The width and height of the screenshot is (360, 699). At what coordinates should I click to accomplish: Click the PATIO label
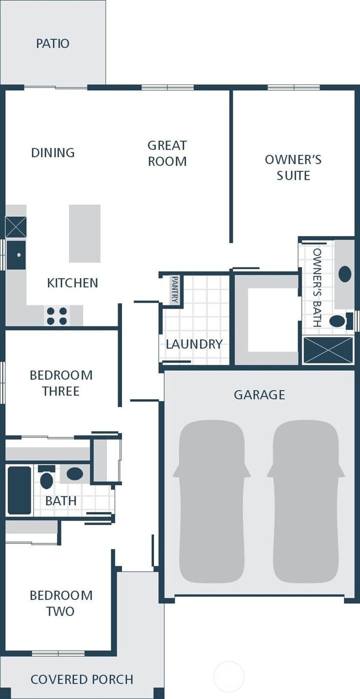pyautogui.click(x=52, y=43)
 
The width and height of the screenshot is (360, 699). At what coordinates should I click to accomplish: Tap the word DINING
pyautogui.click(x=53, y=152)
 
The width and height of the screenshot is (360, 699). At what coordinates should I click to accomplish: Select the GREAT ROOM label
pyautogui.click(x=167, y=153)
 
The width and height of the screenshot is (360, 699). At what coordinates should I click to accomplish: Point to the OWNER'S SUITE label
pyautogui.click(x=293, y=167)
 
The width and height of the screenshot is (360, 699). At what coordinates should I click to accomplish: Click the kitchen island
pyautogui.click(x=84, y=233)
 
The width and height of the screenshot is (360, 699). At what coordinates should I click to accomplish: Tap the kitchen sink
pyautogui.click(x=16, y=255)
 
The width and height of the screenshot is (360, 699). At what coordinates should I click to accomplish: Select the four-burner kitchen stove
pyautogui.click(x=57, y=316)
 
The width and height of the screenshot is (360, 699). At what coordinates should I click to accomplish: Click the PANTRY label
pyautogui.click(x=175, y=289)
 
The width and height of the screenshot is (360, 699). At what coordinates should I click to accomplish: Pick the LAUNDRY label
pyautogui.click(x=194, y=344)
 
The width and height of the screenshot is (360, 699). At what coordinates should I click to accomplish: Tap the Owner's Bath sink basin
pyautogui.click(x=344, y=274)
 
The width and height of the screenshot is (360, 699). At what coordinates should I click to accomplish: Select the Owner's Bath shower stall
pyautogui.click(x=329, y=349)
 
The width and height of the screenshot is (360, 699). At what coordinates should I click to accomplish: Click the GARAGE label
pyautogui.click(x=259, y=394)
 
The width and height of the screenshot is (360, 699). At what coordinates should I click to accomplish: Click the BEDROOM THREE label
pyautogui.click(x=61, y=383)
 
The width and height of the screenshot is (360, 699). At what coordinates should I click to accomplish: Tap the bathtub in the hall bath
pyautogui.click(x=19, y=490)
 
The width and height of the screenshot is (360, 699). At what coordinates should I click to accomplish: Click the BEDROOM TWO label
pyautogui.click(x=61, y=603)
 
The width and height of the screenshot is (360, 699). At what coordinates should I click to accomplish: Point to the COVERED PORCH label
pyautogui.click(x=82, y=679)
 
